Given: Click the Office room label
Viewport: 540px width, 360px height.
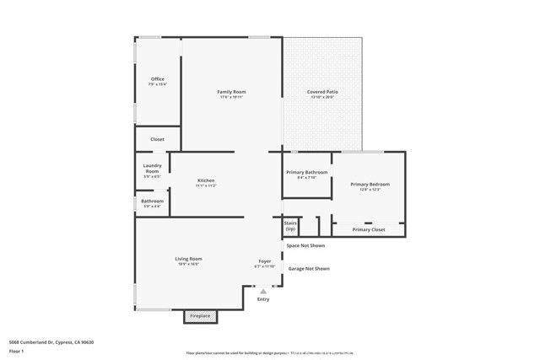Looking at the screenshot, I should [x=158, y=79].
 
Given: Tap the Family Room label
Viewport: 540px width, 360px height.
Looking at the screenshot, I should [x=231, y=92].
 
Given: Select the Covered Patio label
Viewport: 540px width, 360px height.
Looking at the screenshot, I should [x=322, y=92].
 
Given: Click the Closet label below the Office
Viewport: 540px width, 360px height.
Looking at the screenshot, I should [x=158, y=139].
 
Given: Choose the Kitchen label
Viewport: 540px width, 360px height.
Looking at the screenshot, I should [x=206, y=180].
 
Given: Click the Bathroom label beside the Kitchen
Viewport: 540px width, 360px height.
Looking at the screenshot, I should [x=153, y=201].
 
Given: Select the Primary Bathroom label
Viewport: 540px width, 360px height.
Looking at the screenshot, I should [x=306, y=172].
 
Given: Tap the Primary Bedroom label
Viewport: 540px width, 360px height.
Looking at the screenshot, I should [x=370, y=184].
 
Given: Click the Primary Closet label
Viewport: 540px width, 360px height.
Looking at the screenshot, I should [x=369, y=229].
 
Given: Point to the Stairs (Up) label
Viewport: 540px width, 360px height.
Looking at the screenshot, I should [x=290, y=226].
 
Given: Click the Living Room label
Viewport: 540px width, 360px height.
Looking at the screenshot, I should [x=188, y=259].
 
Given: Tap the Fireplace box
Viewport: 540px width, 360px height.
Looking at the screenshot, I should [x=201, y=315].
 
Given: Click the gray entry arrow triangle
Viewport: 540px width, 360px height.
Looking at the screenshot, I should [x=262, y=291].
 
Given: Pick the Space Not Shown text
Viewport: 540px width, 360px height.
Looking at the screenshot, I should [x=305, y=245].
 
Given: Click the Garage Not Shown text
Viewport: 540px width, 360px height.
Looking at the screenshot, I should [x=309, y=268].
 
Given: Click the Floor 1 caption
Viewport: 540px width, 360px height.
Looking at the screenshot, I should [x=16, y=353].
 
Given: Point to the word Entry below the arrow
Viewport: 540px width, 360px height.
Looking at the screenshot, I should [x=263, y=299].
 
